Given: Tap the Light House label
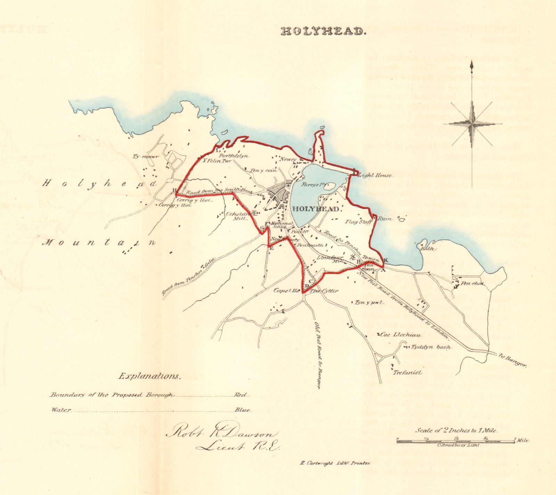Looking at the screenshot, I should coord(377,176).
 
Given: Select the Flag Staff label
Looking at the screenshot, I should coord(357,222).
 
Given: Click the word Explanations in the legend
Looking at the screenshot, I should coord(150,376).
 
